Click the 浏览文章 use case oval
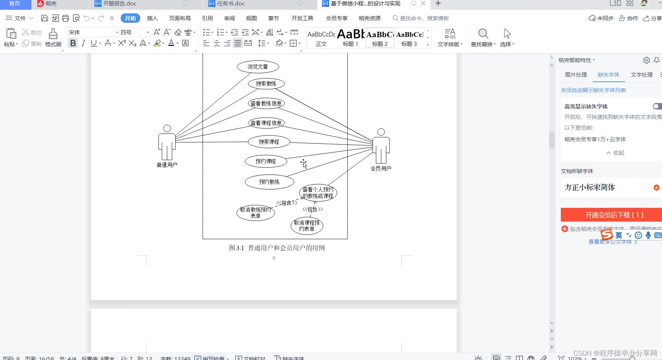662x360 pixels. coord(258,67)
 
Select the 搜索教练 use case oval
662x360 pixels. coord(266,84)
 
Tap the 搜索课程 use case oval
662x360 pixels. coord(269,142)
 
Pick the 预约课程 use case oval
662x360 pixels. coord(266,161)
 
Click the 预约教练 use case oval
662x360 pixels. coord(269,182)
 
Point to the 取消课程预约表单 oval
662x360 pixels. coord(307,226)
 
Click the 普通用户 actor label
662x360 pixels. coord(167,165)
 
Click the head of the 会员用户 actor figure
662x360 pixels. coord(381,132)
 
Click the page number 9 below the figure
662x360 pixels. coord(274,258)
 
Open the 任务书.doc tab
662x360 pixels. coord(231,4)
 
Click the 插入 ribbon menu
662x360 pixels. coord(152,18)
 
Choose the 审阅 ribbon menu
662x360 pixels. coord(229,18)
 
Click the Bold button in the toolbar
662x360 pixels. coord(73,43)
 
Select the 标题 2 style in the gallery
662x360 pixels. coord(380,38)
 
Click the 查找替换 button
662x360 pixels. coord(483,38)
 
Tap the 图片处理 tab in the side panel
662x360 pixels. coord(576,75)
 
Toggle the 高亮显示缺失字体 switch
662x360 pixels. coord(657,106)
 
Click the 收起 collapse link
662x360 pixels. coord(615,153)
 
